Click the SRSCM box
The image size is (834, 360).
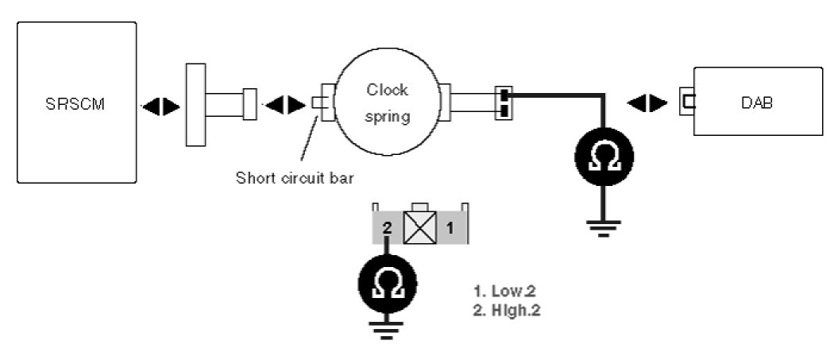(76, 103)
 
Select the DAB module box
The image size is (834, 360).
(758, 103)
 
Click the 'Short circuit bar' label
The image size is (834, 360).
(295, 176)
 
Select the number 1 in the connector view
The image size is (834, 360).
(449, 228)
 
